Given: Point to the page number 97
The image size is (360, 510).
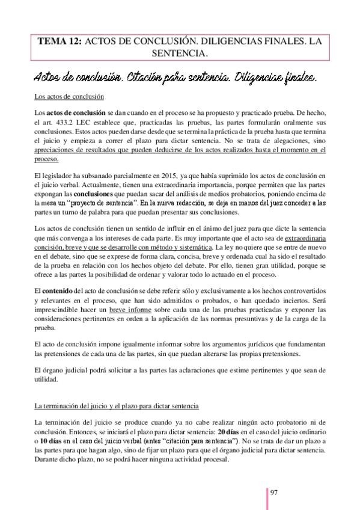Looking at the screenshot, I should click(274, 492).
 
